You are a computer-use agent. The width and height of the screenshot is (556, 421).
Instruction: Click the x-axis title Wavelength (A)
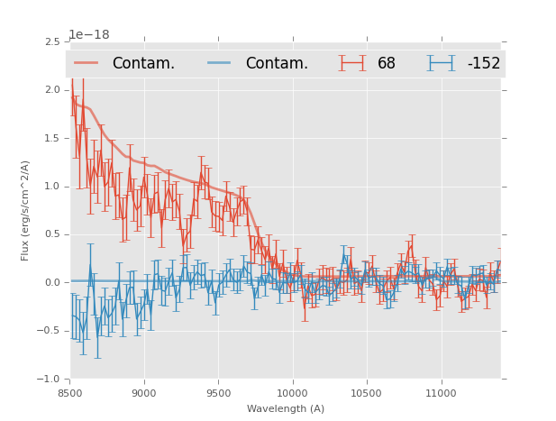pos(286,409)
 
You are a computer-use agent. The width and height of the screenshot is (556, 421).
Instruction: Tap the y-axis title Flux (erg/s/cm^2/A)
pos(26,210)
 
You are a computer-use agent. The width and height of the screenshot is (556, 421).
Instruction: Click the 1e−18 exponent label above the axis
pos(89,35)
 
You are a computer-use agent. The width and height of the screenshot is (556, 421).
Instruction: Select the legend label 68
pos(387,63)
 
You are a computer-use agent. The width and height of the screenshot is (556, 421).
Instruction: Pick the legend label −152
pos(483,63)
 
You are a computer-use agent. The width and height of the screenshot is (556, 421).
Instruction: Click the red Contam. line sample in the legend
pos(87,63)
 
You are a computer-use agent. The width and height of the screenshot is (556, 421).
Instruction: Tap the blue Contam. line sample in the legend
pos(219,63)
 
